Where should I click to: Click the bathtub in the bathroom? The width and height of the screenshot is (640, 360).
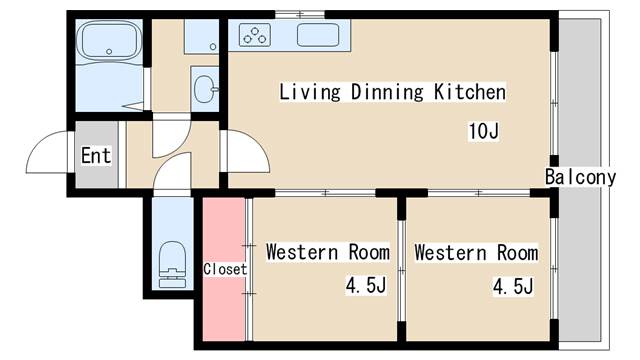[109, 41]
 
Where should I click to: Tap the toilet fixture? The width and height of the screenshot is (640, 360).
[172, 264]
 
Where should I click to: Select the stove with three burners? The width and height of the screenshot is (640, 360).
[255, 35]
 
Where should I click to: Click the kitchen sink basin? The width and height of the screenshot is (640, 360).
[318, 35]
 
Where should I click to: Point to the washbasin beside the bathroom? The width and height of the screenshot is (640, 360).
[205, 89]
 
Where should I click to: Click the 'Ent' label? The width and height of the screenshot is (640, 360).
[96, 156]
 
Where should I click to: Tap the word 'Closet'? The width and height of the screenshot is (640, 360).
[225, 269]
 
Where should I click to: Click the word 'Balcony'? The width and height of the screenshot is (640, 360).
[580, 177]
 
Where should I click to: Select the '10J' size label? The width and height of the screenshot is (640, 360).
[483, 131]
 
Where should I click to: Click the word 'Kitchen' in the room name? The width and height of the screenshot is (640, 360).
[469, 92]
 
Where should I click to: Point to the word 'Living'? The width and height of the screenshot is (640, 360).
[309, 92]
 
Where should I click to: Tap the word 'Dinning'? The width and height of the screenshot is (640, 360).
[387, 92]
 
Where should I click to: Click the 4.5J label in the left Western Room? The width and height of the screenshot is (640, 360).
[366, 285]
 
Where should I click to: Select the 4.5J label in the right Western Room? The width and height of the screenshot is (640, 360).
[513, 286]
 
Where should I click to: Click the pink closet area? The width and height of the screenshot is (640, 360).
[224, 269]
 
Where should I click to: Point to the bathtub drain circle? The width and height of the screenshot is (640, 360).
[109, 52]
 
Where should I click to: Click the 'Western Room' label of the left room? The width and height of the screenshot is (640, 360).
[328, 252]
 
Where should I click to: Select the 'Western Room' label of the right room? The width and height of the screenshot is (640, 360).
[476, 252]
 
